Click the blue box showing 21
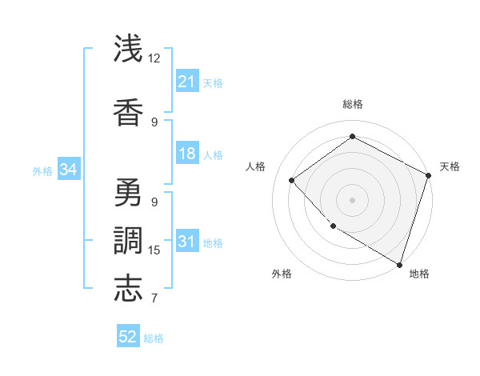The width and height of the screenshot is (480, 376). click(x=187, y=82)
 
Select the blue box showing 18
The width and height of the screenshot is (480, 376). click(x=187, y=154)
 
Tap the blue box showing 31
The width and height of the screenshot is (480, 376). click(x=187, y=242)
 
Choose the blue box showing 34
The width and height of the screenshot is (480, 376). click(x=69, y=170)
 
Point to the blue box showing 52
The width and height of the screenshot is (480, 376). click(x=128, y=337)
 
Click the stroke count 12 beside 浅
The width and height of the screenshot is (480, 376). click(x=154, y=58)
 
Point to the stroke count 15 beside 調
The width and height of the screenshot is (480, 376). click(x=154, y=250)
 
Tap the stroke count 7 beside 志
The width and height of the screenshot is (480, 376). click(x=154, y=298)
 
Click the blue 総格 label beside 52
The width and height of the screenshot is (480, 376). click(x=154, y=338)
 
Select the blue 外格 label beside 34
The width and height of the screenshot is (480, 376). click(x=42, y=170)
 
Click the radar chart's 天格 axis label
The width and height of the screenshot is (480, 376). click(x=450, y=166)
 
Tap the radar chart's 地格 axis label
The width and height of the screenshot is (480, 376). click(x=419, y=274)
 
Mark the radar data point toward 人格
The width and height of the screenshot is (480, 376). click(x=292, y=180)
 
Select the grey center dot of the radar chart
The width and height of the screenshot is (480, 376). click(x=352, y=199)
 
